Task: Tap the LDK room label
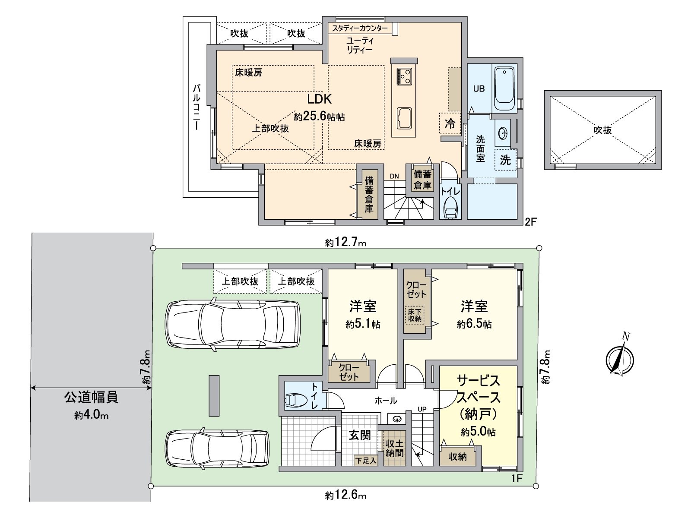319,99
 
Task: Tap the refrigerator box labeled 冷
450,124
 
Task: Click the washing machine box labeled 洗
505,160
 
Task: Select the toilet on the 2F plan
450,209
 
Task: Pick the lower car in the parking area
217,449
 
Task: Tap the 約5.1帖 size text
363,325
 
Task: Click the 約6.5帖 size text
474,324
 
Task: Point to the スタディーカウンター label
359,29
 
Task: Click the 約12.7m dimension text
345,243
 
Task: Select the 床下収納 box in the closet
414,315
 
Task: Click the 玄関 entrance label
359,435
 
